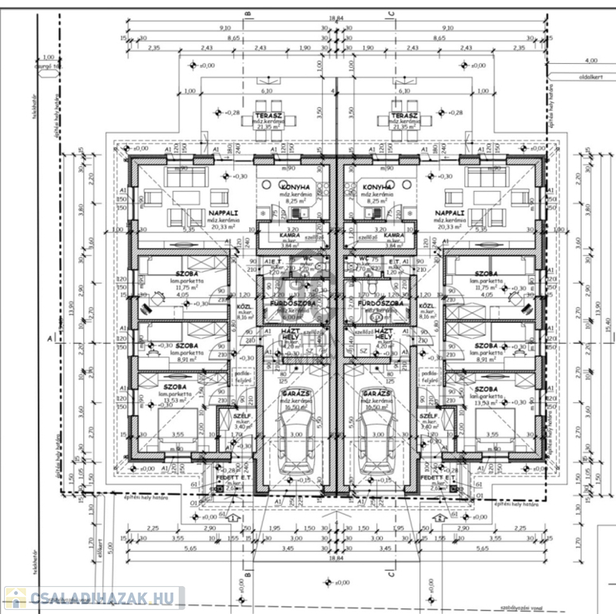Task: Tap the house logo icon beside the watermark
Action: point(15,598)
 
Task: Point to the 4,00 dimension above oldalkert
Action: point(590,61)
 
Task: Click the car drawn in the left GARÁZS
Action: point(296,448)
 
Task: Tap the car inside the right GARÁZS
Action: point(376,448)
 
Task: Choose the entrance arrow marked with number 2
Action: point(440,519)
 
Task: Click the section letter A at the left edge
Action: point(50,339)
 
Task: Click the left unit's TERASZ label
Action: point(266,114)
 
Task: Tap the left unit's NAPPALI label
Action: point(221,213)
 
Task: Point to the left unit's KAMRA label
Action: point(289,235)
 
